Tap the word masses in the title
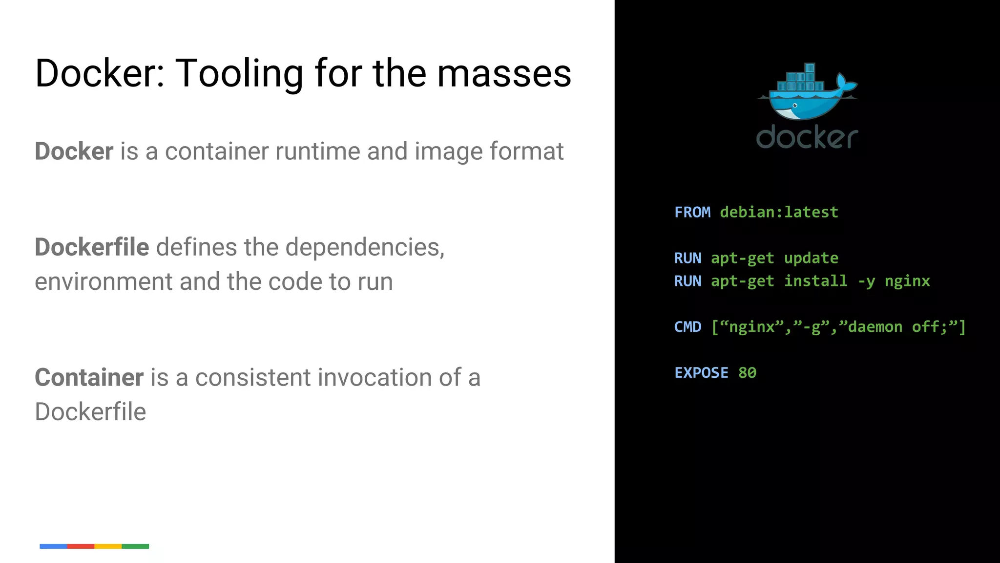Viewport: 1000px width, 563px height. (504, 73)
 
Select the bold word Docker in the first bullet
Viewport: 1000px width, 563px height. (74, 151)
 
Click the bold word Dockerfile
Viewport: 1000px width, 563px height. (92, 247)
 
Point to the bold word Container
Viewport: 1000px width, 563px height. (89, 377)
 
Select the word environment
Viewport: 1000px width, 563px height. (103, 282)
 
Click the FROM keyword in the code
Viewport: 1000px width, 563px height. (692, 212)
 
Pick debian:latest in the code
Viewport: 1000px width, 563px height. (779, 212)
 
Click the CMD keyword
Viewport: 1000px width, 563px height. (687, 326)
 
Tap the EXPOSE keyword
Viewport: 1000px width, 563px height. (701, 372)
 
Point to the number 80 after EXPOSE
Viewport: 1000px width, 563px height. (747, 372)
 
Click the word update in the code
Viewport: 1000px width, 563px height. (811, 258)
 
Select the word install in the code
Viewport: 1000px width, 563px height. (815, 281)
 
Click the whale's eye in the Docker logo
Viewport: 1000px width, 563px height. (795, 106)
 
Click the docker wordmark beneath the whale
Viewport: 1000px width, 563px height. (807, 137)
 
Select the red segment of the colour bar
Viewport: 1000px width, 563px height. (81, 546)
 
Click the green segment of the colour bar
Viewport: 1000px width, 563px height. (135, 546)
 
